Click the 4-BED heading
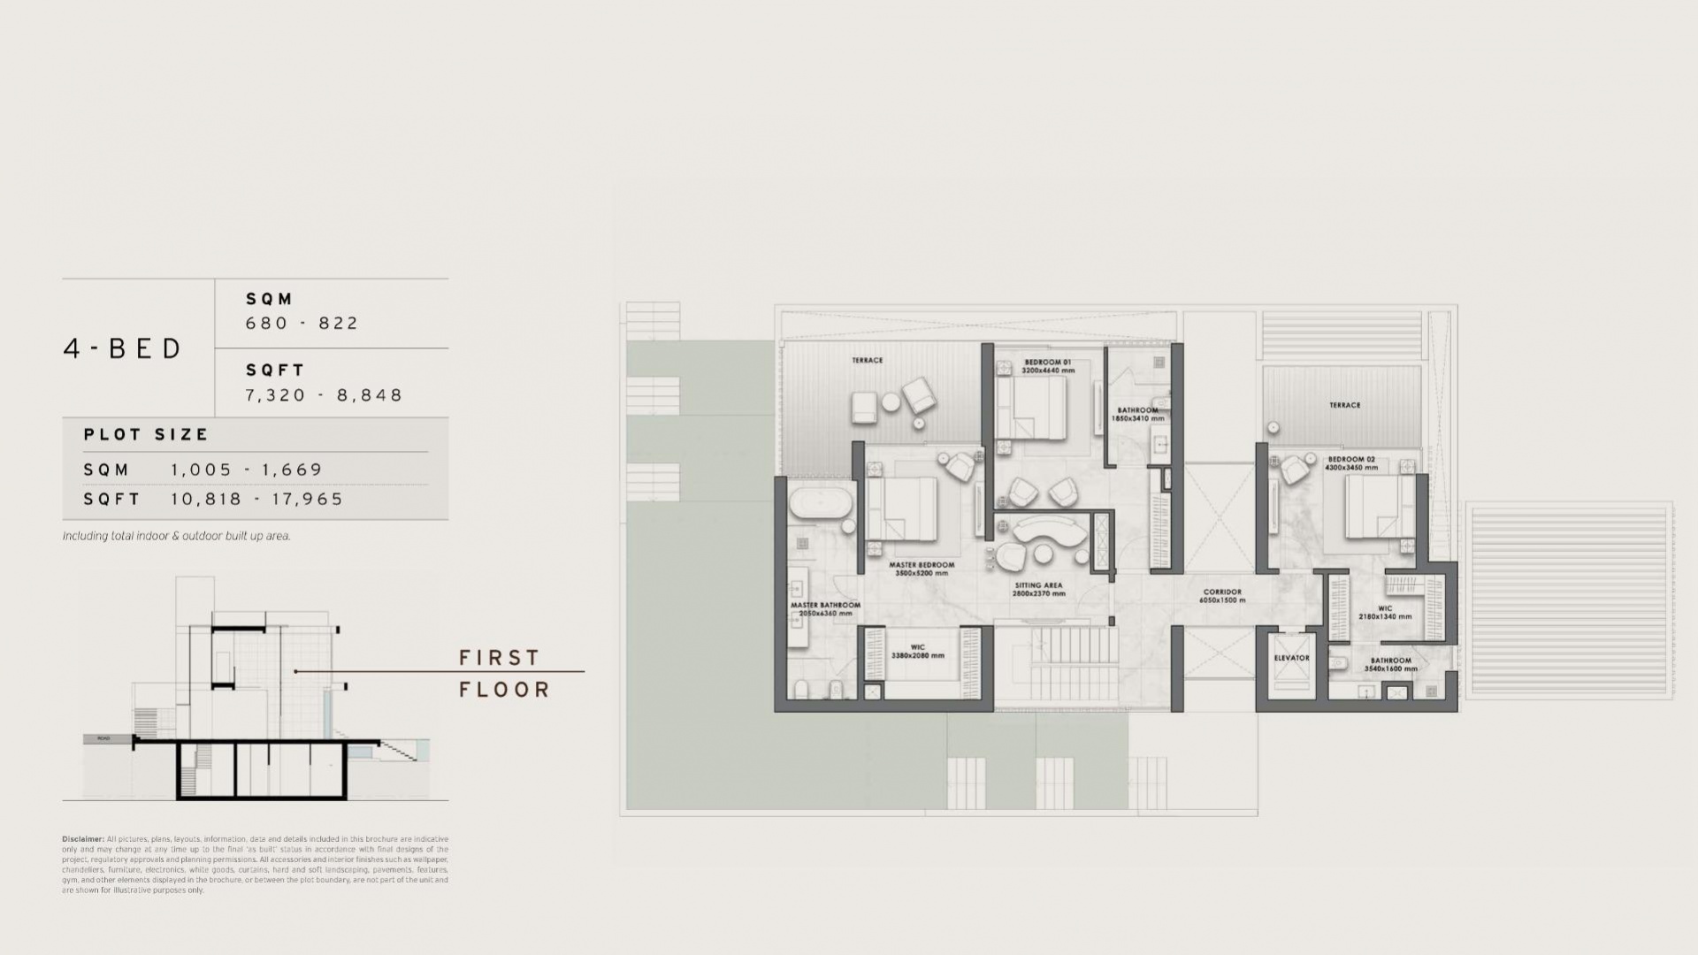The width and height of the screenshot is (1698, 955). point(123,348)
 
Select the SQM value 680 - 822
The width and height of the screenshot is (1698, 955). point(302,324)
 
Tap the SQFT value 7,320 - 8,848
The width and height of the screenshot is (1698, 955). point(324,395)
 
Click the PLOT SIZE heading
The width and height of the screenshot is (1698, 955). point(146,435)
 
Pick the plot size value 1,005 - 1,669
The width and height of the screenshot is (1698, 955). point(247,470)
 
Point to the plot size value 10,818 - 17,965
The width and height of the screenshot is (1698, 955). point(256,499)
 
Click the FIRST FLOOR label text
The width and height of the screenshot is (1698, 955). point(504,674)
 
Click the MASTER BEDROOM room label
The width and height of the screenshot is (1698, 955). point(922,565)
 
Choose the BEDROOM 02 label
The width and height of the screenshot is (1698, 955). point(1350,460)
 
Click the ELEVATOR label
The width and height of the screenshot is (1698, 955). point(1291,658)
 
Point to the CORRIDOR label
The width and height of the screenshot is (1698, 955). point(1222,592)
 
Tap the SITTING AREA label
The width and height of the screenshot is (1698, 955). point(1038,585)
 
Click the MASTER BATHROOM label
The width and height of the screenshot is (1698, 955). point(824,606)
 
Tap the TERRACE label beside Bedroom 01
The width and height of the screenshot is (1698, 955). point(867,361)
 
